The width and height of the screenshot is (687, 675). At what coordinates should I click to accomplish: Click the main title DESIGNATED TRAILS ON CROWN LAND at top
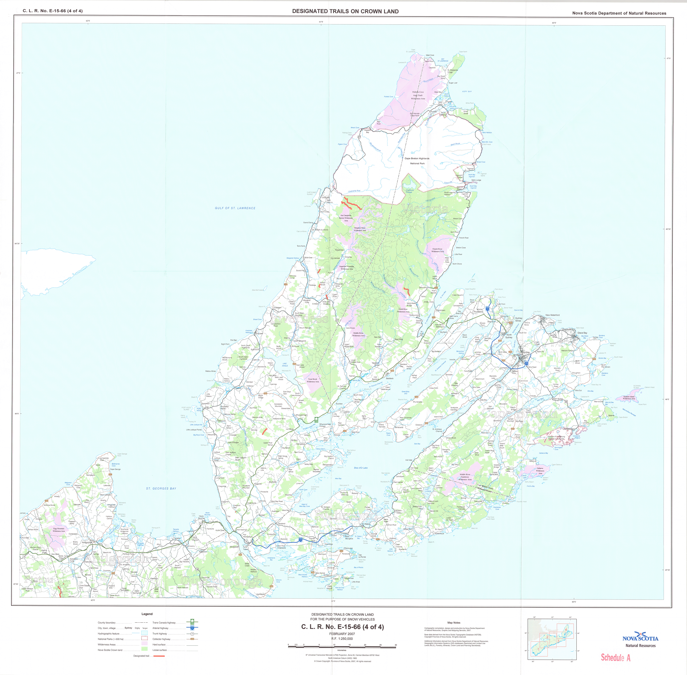[345, 11]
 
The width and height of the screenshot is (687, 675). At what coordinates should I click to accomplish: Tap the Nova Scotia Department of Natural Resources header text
[619, 13]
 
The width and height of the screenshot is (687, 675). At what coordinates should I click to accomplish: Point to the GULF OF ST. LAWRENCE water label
[235, 208]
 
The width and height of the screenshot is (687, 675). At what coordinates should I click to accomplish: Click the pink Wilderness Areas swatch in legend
[144, 645]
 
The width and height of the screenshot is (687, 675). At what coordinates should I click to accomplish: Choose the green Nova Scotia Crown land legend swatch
[144, 650]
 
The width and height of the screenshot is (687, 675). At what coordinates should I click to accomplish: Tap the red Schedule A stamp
[615, 658]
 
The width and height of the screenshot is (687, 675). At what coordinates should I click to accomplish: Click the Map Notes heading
[454, 623]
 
